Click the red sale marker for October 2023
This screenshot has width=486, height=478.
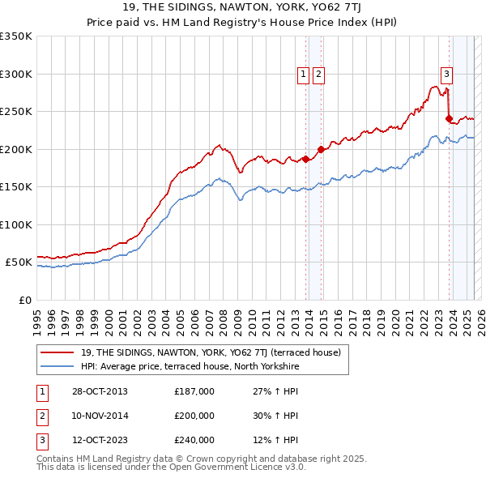coord(449,119)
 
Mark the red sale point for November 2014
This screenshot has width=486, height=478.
coord(321,149)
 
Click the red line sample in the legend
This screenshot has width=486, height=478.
coord(58,352)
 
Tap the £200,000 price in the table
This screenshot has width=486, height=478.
coord(194,416)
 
